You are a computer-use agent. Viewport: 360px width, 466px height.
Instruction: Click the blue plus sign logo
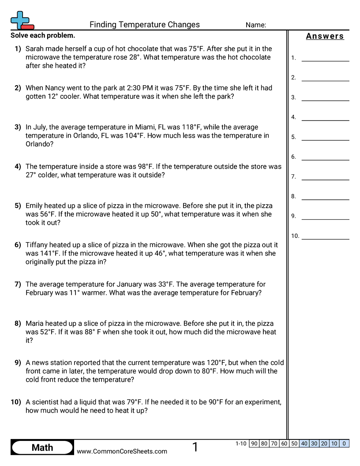click(x=20, y=19)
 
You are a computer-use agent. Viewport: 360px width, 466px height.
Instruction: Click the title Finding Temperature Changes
click(x=144, y=25)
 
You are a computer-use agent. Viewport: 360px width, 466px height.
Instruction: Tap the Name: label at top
click(x=255, y=25)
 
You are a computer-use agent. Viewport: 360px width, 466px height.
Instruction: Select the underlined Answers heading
click(x=325, y=36)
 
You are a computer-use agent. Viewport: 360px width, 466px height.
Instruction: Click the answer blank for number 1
click(x=325, y=58)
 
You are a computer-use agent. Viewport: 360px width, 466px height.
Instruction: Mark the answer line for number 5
click(x=325, y=137)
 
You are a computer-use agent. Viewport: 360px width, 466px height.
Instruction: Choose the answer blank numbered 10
click(x=325, y=236)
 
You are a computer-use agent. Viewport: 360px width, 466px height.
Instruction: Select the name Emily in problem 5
click(x=35, y=206)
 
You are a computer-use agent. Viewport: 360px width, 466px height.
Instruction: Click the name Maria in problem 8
click(x=35, y=323)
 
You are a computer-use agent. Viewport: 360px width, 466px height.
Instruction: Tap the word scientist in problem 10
click(x=47, y=402)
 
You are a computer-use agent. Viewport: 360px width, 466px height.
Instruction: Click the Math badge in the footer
click(x=42, y=447)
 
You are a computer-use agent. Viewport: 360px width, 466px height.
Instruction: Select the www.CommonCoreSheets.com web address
click(x=122, y=451)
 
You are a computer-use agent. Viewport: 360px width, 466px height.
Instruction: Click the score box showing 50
click(x=294, y=443)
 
